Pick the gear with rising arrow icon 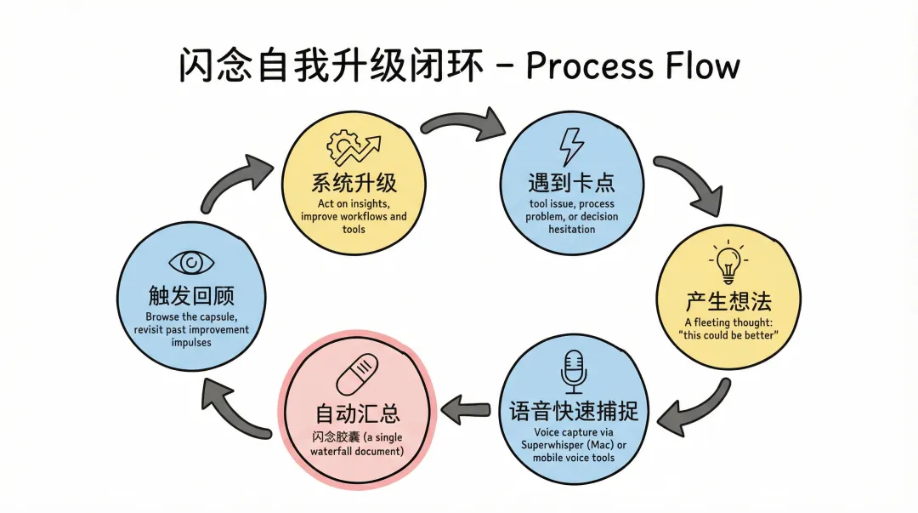354,149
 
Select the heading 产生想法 728,301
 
